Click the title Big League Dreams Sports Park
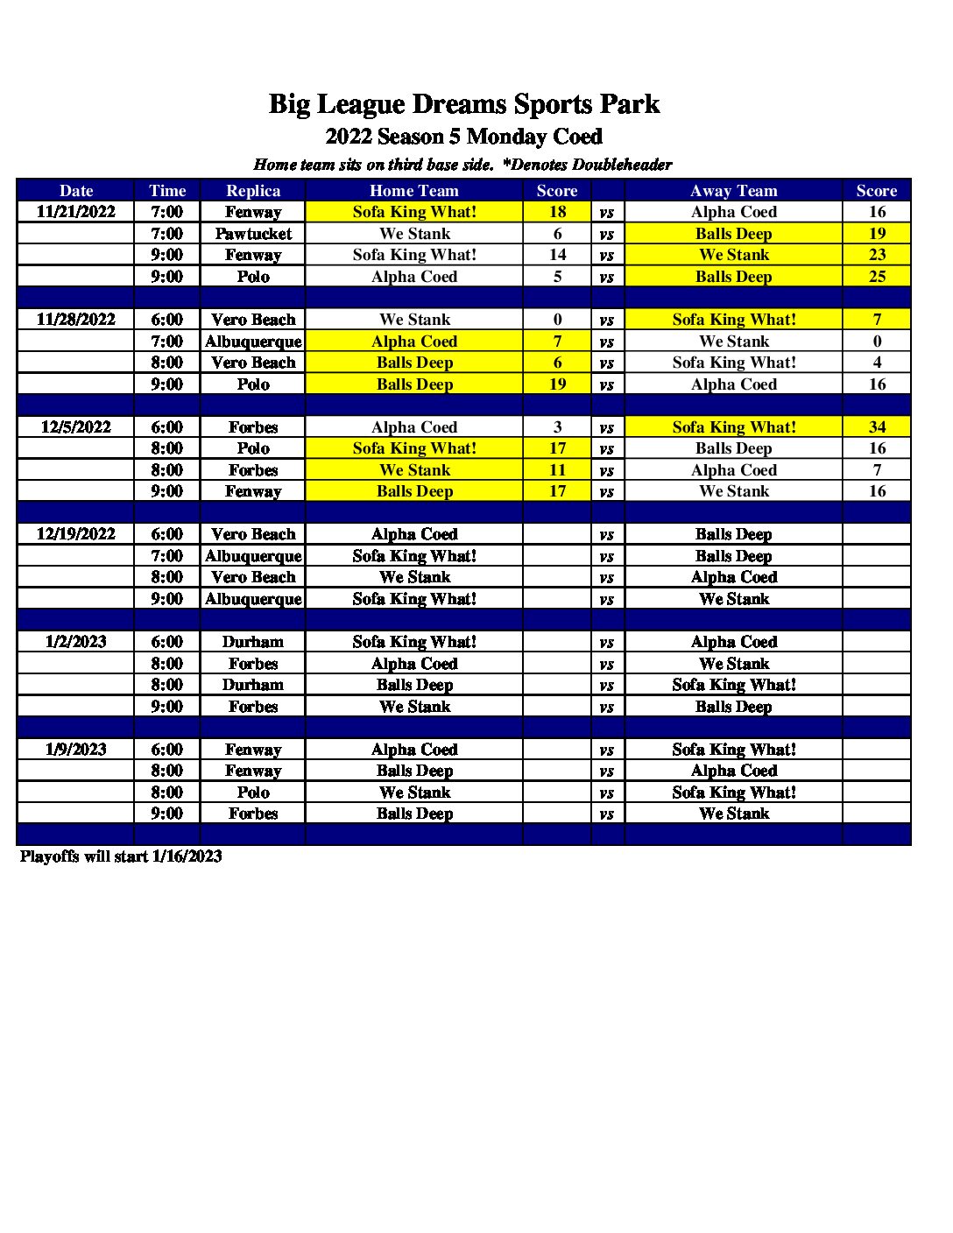click(463, 104)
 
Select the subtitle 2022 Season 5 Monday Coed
click(463, 137)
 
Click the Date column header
click(76, 191)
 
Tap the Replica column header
click(253, 191)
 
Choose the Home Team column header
click(414, 191)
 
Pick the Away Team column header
click(733, 191)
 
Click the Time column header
click(167, 191)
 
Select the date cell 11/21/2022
click(76, 212)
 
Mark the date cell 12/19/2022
click(76, 534)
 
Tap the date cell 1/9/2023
click(76, 750)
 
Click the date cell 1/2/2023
click(76, 642)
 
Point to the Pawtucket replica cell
click(253, 234)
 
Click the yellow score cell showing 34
click(877, 427)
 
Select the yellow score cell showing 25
click(877, 277)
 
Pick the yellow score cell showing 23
click(877, 255)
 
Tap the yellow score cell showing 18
click(557, 212)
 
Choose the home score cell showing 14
click(557, 255)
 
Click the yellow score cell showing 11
click(557, 470)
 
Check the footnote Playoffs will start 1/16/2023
click(121, 856)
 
